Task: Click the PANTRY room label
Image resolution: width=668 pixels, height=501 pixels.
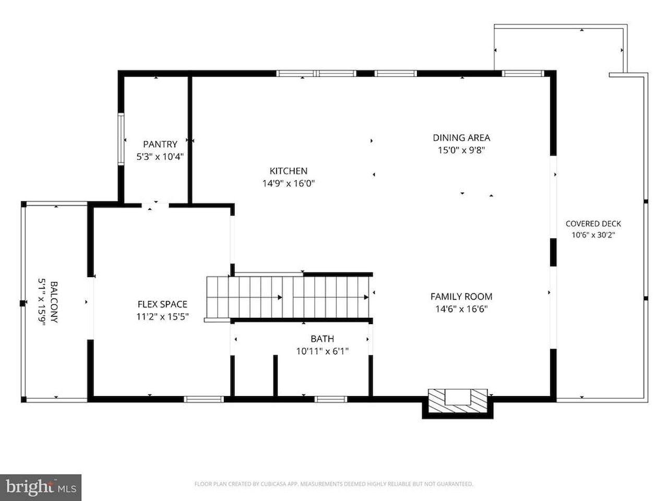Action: [x=160, y=144]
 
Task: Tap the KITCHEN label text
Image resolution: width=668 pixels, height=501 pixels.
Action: [x=288, y=171]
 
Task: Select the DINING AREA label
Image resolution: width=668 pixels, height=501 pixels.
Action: [x=461, y=138]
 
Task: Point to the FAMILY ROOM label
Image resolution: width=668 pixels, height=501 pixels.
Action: [x=461, y=296]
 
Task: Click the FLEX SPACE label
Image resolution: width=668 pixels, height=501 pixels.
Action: [x=162, y=304]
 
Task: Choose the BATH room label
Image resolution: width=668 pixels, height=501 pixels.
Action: [x=323, y=339]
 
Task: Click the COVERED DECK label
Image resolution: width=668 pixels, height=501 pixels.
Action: [x=593, y=223]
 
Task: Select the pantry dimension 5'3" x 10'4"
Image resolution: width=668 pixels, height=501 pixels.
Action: [x=160, y=157]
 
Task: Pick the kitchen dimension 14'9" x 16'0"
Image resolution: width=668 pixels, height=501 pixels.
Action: [x=288, y=183]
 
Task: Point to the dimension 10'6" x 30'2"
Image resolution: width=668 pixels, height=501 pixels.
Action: [x=593, y=235]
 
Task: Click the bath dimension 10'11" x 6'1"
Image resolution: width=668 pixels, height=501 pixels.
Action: [x=323, y=351]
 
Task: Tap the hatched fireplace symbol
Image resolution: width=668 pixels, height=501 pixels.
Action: [x=458, y=401]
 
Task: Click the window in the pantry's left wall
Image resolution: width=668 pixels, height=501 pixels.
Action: [x=121, y=139]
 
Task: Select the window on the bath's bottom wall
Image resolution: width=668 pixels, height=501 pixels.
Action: [x=331, y=399]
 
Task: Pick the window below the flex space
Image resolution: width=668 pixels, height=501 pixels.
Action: [x=204, y=399]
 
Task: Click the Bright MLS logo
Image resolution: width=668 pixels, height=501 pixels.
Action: [x=41, y=487]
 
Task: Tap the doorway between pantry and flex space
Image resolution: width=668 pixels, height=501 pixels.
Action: [x=155, y=206]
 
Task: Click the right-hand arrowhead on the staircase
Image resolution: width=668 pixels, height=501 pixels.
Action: [x=366, y=297]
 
